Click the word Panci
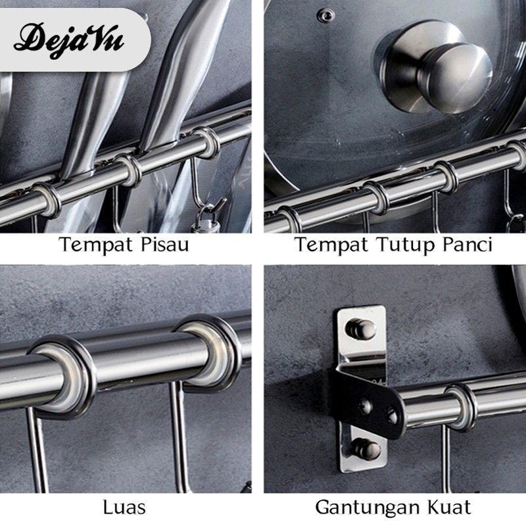point(467,244)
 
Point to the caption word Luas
point(124,507)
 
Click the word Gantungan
point(365,508)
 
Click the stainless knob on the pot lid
point(435,67)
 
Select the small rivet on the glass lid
point(325,14)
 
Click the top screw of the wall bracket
point(360,328)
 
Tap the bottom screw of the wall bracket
point(366,449)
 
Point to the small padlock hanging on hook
point(205,222)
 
